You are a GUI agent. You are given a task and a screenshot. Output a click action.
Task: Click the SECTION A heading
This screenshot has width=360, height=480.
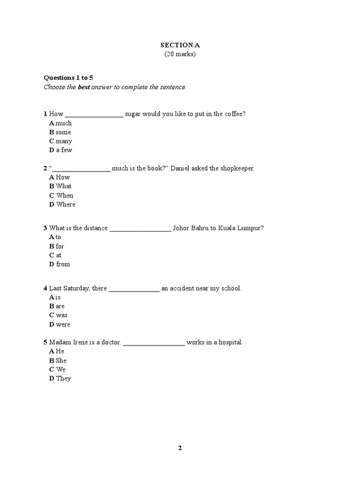pos(180,45)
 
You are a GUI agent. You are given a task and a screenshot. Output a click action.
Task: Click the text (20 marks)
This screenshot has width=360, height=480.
pos(180,54)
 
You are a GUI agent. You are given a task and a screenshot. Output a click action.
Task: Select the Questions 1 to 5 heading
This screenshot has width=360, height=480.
pos(68,78)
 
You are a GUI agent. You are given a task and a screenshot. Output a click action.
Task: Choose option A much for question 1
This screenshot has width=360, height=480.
pos(60,123)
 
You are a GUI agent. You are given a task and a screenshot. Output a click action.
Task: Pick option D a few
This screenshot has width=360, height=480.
pos(60,150)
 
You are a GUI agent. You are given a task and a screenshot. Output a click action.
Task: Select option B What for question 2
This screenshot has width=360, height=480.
pos(60,186)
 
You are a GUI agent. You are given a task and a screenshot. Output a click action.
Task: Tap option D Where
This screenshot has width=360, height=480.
pos(62,204)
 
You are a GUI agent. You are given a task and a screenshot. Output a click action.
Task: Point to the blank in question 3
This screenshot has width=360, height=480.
pos(140,228)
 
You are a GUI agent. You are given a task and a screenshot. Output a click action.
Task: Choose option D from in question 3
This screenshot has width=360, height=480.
pos(60,264)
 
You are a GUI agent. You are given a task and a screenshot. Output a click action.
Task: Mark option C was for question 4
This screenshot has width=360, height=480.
pos(58,315)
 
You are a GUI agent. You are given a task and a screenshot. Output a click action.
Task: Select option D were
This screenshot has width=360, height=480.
pos(60,324)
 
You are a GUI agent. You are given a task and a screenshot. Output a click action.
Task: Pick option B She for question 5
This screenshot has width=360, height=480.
pos(58,360)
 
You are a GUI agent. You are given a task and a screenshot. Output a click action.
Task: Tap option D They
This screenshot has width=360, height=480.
pos(60,378)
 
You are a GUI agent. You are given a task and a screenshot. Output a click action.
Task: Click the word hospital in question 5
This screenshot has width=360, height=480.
pos(230,343)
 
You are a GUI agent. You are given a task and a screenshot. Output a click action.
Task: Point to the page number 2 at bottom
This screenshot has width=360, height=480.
pos(180,448)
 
